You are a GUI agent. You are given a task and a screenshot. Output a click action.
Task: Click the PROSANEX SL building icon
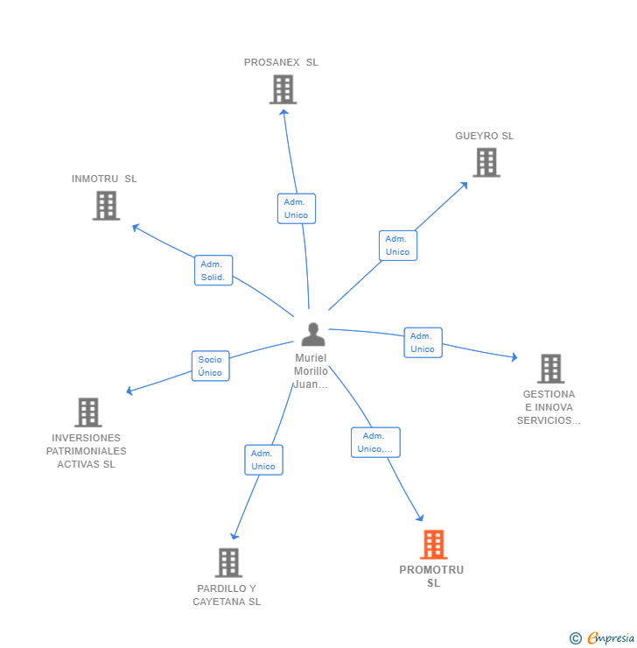coord(283,89)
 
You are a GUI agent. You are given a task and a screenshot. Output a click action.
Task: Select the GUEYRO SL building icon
coord(486,162)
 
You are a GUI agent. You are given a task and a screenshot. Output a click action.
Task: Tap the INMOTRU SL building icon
coord(106,205)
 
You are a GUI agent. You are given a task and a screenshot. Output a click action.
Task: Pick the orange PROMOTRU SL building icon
coord(433,545)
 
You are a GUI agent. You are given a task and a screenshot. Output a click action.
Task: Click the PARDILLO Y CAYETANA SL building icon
coord(228,562)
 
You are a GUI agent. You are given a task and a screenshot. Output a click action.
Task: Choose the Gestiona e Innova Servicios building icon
coord(550,369)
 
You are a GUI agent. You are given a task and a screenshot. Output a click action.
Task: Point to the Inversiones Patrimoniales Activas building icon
coord(87,412)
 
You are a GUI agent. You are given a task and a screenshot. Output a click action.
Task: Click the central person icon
coord(312,334)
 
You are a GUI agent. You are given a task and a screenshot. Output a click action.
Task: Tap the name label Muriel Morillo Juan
coord(311,371)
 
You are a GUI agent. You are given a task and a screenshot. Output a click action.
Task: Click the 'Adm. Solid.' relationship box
coord(213,271)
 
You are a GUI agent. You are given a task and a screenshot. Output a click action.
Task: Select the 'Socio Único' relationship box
coord(210,366)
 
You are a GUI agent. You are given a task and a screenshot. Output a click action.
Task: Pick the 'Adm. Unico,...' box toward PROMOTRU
coord(375,442)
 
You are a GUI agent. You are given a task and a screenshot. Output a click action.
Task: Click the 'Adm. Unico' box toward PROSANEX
coord(297,208)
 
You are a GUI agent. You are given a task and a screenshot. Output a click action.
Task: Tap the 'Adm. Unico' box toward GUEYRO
coord(398,245)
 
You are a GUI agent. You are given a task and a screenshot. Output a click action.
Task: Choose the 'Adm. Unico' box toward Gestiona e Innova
coord(423,342)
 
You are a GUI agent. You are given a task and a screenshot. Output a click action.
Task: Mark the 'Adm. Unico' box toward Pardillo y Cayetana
coord(263,460)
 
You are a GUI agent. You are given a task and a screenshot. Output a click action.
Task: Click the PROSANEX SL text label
coord(281,62)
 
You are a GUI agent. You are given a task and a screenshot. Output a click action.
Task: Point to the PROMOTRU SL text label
coord(432,576)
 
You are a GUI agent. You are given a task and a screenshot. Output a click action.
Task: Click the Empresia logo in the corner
coord(603,638)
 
